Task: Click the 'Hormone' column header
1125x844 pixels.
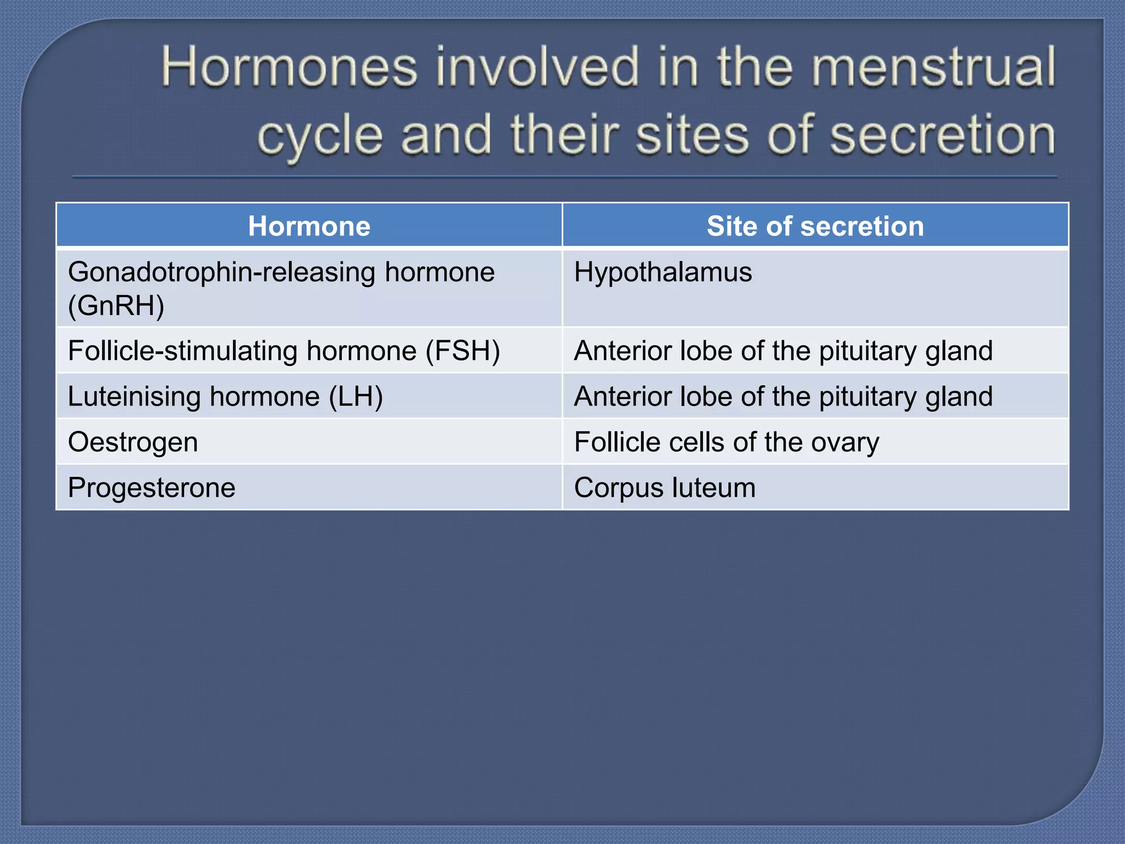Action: [309, 226]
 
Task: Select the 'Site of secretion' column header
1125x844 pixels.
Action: [815, 226]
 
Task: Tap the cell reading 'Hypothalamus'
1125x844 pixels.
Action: [663, 273]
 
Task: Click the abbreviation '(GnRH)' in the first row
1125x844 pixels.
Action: [116, 306]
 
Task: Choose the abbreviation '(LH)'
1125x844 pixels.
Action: [355, 397]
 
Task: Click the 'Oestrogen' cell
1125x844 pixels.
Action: [133, 442]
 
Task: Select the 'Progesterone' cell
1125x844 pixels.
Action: [152, 488]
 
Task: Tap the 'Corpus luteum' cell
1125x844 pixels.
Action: [665, 488]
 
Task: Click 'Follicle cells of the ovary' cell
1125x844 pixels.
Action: [726, 442]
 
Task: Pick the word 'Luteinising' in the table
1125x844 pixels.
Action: [134, 397]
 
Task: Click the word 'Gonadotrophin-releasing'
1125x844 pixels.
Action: [221, 273]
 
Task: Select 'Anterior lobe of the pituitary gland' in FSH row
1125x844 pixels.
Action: [783, 351]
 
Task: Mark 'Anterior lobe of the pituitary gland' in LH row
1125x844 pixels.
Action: [783, 397]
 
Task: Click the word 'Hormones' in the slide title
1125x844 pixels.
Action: [289, 68]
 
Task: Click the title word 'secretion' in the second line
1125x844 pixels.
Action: [942, 135]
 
